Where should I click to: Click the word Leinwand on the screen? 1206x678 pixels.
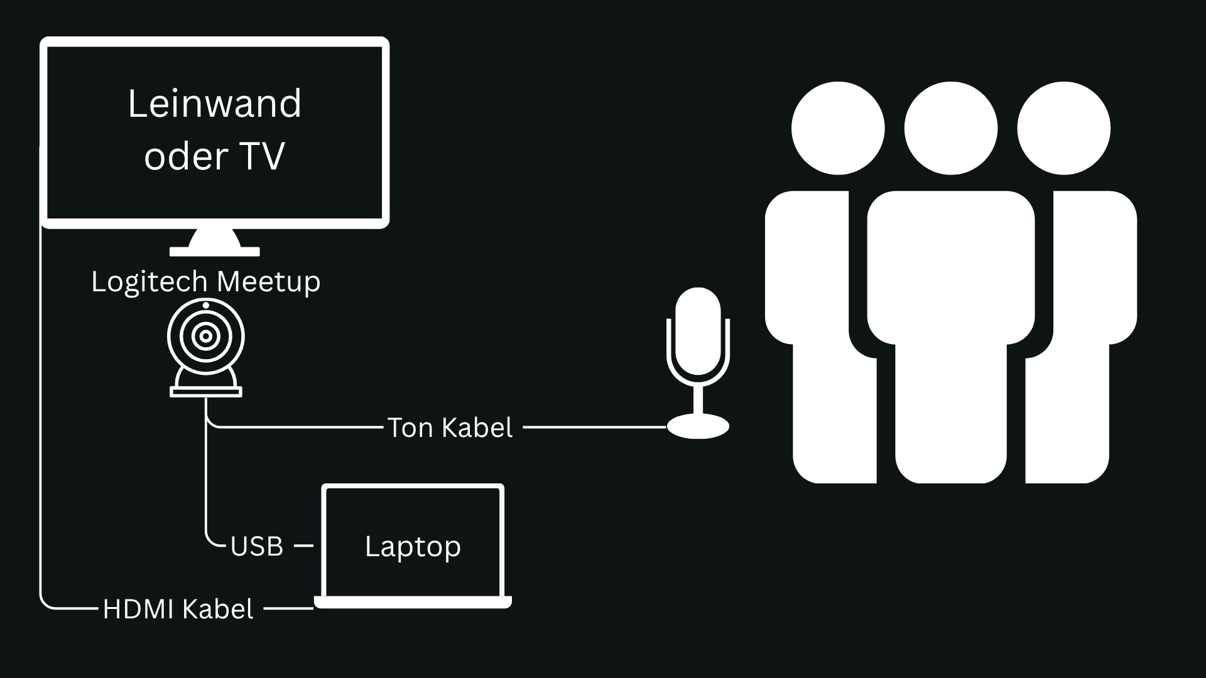(215, 104)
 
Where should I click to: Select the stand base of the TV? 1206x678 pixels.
(215, 251)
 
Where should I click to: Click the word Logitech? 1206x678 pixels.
(149, 281)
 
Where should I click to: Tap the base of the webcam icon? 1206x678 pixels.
(205, 392)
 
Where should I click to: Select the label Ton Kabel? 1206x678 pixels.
(450, 428)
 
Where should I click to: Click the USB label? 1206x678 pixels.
(257, 547)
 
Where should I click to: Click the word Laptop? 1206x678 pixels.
(413, 546)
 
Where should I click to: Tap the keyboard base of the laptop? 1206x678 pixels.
(413, 603)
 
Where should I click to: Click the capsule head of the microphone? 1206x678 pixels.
(698, 330)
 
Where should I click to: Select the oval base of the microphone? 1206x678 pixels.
(698, 427)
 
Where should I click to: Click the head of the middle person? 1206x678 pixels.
(950, 129)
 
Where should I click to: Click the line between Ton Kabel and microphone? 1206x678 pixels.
(594, 427)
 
